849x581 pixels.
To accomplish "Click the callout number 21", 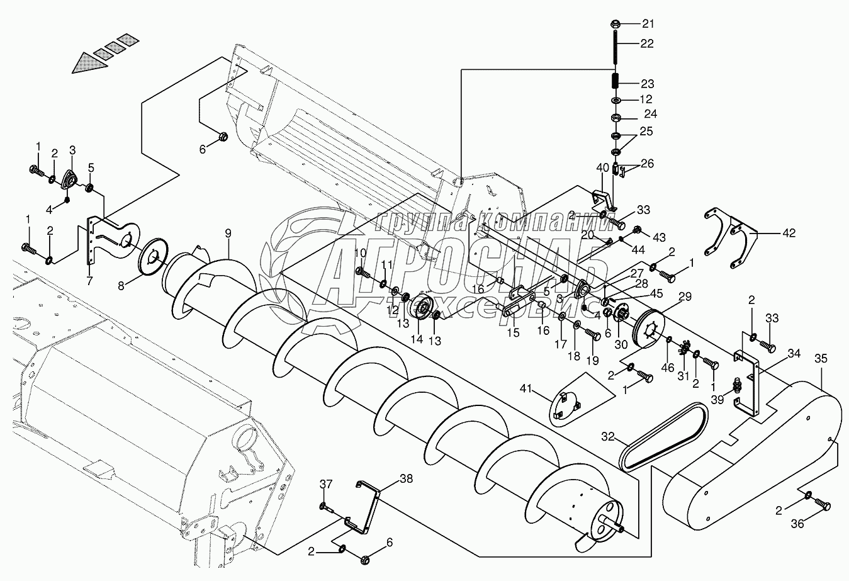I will click(648, 24).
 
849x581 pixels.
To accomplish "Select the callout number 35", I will click(821, 359).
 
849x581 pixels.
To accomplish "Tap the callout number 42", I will click(789, 234).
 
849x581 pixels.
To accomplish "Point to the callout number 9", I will click(228, 234).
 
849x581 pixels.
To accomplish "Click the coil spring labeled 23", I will click(616, 82).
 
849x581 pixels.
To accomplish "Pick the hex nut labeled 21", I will click(616, 25).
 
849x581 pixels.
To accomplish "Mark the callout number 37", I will click(325, 483).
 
